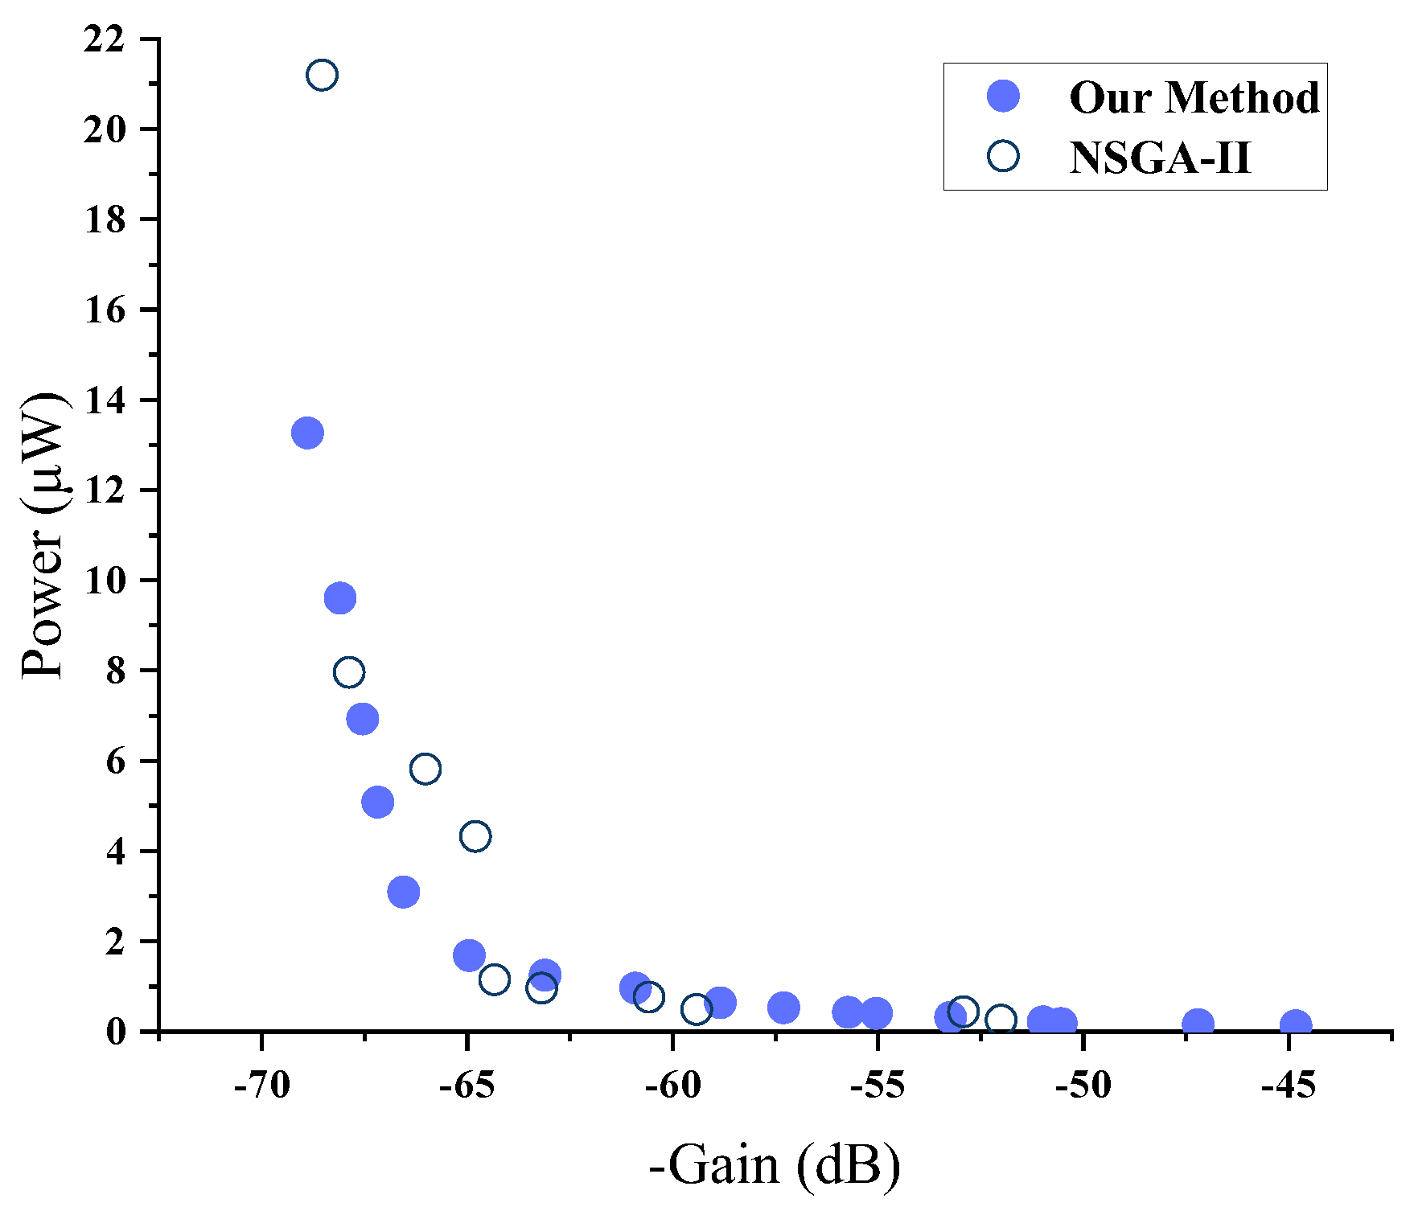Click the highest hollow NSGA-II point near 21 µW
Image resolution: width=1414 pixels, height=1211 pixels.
point(322,75)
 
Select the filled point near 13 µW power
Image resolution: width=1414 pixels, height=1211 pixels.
point(307,433)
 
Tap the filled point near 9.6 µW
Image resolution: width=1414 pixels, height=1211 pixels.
point(340,597)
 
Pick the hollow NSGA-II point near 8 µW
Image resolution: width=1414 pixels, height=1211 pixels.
point(348,671)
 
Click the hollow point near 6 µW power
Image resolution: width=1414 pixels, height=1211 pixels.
point(425,769)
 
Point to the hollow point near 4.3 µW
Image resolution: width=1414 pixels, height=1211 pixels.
point(475,836)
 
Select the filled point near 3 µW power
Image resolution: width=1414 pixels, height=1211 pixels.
point(403,892)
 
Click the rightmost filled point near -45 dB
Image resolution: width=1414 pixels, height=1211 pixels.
point(1295,1025)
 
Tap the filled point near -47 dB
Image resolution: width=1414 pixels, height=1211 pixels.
point(1198,1024)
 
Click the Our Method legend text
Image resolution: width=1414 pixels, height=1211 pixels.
point(1194,97)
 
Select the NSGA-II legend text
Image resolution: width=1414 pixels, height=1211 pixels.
point(1160,158)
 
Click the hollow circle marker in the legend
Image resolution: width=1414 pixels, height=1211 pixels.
point(1003,156)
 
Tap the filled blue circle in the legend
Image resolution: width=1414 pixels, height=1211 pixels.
point(1003,96)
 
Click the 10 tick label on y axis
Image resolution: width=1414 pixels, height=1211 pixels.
point(104,581)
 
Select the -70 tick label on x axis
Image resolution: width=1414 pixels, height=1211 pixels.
point(262,1086)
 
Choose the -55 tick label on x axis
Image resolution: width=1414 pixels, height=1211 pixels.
point(878,1086)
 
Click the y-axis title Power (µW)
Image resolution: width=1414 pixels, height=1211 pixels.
point(44,535)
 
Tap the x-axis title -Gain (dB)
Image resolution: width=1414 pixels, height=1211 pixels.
point(774,1164)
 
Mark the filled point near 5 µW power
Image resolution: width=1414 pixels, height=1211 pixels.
point(377,802)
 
